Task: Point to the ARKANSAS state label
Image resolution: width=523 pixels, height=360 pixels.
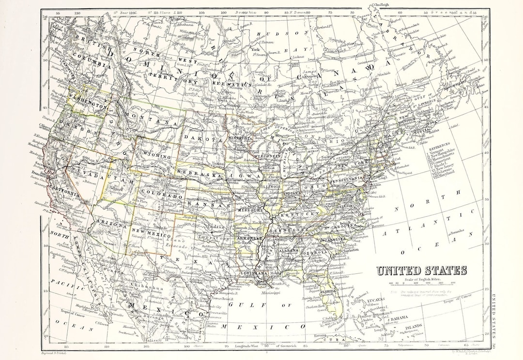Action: click(249, 239)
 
